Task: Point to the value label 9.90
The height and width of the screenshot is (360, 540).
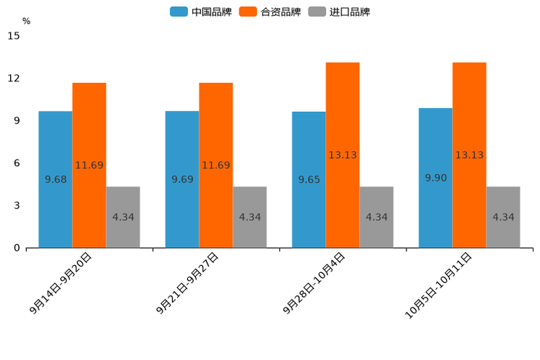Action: pos(435,178)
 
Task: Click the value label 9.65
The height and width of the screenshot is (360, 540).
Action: pos(309,179)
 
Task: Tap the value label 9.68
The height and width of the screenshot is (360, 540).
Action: pos(56,179)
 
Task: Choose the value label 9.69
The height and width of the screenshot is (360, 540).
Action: pos(182,179)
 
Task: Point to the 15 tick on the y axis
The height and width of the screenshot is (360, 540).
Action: pos(14,36)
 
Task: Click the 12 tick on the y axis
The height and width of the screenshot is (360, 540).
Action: pos(14,78)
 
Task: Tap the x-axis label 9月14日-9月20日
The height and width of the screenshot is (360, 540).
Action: pos(61,283)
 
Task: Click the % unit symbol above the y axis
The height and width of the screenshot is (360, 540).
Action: pos(26,21)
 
